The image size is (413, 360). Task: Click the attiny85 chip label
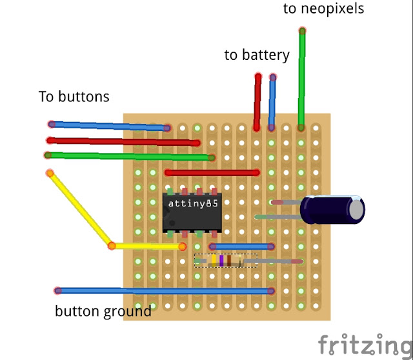coord(193,204)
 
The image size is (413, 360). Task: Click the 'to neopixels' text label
coord(323,9)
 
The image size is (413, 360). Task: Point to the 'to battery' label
coord(257,55)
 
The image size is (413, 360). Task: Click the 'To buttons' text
coord(74,96)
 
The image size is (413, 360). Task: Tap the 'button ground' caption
coord(103,312)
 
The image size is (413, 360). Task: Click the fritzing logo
coord(365,345)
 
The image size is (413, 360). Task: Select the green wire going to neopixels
coord(301,79)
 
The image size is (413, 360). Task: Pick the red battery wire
coord(257,102)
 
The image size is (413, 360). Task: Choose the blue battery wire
coord(272,102)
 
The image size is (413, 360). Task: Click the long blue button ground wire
coord(165,291)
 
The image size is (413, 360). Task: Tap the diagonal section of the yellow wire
coord(81,210)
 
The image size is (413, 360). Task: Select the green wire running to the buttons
coord(130,156)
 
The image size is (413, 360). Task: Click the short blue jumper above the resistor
coord(242,246)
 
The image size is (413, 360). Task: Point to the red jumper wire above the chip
coord(212,173)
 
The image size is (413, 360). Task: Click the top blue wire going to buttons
coord(109,126)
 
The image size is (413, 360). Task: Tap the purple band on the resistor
coord(221,261)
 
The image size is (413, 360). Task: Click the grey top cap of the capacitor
coord(356,210)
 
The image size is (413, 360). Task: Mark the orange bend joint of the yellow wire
coord(112,246)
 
